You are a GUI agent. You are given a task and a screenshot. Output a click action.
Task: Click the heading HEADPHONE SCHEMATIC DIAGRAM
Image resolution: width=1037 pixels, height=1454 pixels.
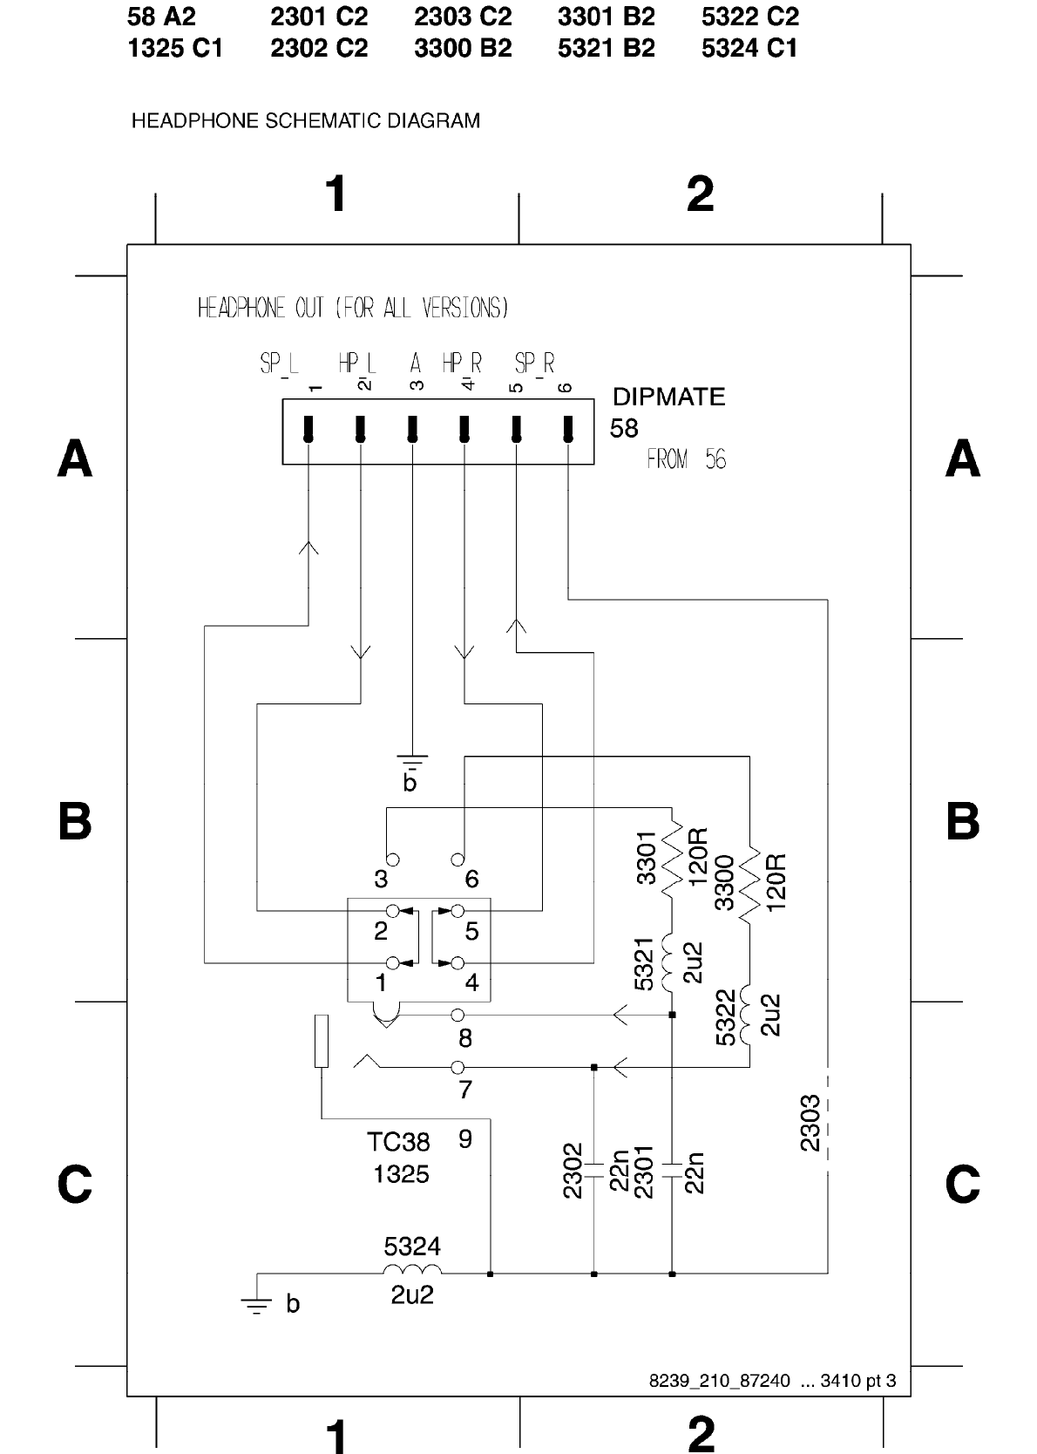tap(305, 120)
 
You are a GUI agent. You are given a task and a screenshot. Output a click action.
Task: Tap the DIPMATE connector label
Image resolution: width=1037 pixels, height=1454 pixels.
tap(668, 397)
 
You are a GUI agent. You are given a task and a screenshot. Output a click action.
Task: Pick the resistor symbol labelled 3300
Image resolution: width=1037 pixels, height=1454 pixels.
tap(749, 882)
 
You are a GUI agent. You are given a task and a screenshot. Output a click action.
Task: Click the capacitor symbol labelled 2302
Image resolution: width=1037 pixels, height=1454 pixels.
tap(593, 1170)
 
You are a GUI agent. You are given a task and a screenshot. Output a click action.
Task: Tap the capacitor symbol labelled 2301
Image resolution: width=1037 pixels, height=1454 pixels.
tap(672, 1170)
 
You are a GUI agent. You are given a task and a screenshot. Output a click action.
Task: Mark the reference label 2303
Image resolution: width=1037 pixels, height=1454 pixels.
tap(810, 1123)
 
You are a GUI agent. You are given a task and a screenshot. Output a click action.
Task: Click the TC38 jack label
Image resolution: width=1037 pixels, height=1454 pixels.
tap(398, 1141)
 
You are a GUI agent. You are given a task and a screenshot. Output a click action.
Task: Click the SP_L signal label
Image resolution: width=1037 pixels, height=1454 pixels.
tap(278, 363)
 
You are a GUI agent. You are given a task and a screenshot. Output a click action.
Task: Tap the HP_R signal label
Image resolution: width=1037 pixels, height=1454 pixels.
tap(462, 363)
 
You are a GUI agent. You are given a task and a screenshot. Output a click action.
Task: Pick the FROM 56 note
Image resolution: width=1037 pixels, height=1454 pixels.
tap(686, 459)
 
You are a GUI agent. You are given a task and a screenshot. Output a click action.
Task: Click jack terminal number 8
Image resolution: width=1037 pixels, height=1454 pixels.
tap(464, 1038)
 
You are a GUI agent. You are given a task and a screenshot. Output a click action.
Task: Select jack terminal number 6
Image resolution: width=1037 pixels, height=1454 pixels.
tap(471, 879)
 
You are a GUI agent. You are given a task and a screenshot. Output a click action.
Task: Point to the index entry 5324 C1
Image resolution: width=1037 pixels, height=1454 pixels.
tap(749, 49)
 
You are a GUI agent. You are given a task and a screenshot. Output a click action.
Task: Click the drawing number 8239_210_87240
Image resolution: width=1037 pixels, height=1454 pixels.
tap(720, 1381)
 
